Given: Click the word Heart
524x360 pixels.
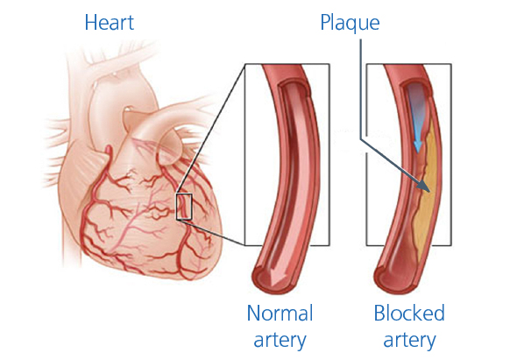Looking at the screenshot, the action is pyautogui.click(x=110, y=23).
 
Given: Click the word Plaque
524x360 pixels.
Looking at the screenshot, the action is pyautogui.click(x=350, y=24).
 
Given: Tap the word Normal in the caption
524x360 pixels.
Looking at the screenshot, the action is pyautogui.click(x=280, y=314).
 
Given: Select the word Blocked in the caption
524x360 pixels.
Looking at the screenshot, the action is pyautogui.click(x=409, y=313).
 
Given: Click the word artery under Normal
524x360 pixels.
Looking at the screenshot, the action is pyautogui.click(x=280, y=341).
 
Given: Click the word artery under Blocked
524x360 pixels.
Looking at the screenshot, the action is pyautogui.click(x=409, y=341).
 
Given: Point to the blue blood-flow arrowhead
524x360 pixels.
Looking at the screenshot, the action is pyautogui.click(x=418, y=146).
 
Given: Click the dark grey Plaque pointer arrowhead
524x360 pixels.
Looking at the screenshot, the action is pyautogui.click(x=424, y=187).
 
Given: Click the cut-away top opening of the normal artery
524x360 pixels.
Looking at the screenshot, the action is pyautogui.click(x=294, y=88).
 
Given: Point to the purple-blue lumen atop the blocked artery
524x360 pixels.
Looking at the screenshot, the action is pyautogui.click(x=417, y=100).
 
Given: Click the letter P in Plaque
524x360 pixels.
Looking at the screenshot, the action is pyautogui.click(x=326, y=23).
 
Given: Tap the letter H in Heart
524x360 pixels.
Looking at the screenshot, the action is pyautogui.click(x=90, y=23).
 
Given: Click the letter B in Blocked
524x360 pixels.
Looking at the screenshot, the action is pyautogui.click(x=380, y=313).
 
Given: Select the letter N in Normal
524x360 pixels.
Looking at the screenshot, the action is pyautogui.click(x=254, y=314).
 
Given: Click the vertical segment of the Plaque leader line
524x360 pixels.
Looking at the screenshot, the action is pyautogui.click(x=361, y=88).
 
